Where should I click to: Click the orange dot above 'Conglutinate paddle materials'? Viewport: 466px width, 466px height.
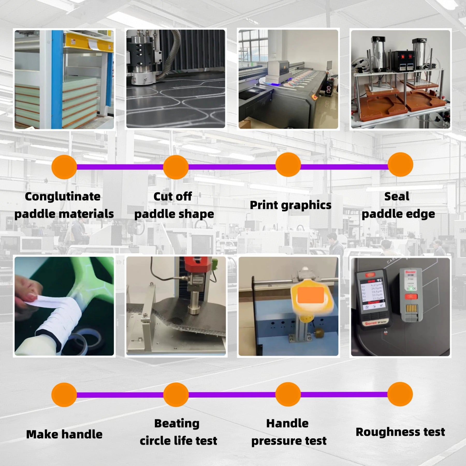(x=64, y=167)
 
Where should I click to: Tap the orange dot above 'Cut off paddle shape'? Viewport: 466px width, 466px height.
(x=176, y=167)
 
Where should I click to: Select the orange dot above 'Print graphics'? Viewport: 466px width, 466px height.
(x=288, y=165)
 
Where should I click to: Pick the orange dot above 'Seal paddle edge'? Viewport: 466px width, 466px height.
(x=400, y=165)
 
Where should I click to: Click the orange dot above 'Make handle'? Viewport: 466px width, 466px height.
(x=64, y=395)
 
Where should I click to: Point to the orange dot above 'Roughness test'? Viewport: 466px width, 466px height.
(x=400, y=394)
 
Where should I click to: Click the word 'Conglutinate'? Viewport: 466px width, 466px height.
(x=63, y=196)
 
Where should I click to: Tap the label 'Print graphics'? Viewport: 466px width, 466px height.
(x=290, y=205)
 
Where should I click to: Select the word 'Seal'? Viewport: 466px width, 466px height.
(x=397, y=196)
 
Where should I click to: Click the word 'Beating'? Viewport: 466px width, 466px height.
(x=177, y=424)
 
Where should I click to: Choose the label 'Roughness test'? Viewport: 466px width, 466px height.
(x=400, y=432)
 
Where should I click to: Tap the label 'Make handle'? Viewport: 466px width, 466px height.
(x=64, y=434)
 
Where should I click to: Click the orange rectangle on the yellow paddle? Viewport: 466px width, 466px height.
(x=310, y=295)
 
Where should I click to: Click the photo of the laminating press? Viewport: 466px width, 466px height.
(x=64, y=79)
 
